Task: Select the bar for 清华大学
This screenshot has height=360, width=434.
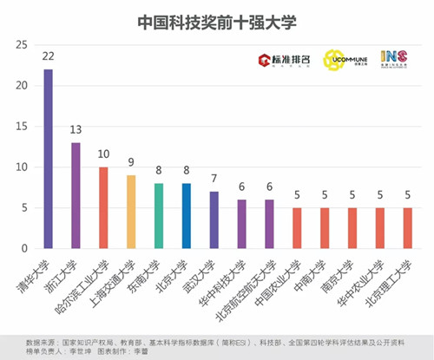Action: [x=48, y=159]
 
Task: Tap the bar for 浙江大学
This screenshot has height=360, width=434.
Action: [x=76, y=195]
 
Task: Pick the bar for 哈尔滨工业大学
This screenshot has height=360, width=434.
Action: [x=103, y=207]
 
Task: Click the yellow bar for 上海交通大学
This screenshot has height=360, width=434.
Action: [x=131, y=212]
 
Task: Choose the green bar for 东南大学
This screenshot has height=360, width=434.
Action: [x=158, y=216]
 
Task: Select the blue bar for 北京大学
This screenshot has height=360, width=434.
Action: [x=186, y=216]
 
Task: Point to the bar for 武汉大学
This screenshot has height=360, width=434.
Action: [x=214, y=219]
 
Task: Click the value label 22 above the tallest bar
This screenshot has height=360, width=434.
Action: [x=48, y=57]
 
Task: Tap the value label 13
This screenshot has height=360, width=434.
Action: [x=76, y=130]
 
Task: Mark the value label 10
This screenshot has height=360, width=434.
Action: [x=103, y=154]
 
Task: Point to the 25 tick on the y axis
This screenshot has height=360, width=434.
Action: [x=23, y=45]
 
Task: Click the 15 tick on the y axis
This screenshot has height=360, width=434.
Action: [x=23, y=127]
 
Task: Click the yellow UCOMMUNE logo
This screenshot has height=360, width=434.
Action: [x=334, y=60]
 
